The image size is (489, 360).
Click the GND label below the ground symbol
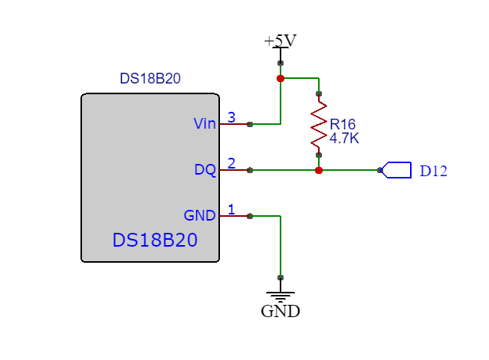281,311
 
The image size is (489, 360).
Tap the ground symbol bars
281,296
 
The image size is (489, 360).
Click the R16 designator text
343,125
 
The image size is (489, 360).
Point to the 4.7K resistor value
344,139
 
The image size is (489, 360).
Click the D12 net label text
433,171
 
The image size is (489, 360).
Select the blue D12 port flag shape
396,170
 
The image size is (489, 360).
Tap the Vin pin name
205,124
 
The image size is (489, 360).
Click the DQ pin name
205,170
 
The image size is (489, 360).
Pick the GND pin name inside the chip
200,215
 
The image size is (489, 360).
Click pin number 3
231,117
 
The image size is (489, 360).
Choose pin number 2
231,163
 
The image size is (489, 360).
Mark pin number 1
231,209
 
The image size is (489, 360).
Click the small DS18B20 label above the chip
150,78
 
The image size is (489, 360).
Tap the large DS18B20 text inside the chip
155,240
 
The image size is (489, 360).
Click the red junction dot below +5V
281,78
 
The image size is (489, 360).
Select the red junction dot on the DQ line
319,170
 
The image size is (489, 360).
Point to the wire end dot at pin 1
250,216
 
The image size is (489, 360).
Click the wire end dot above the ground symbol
281,277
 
